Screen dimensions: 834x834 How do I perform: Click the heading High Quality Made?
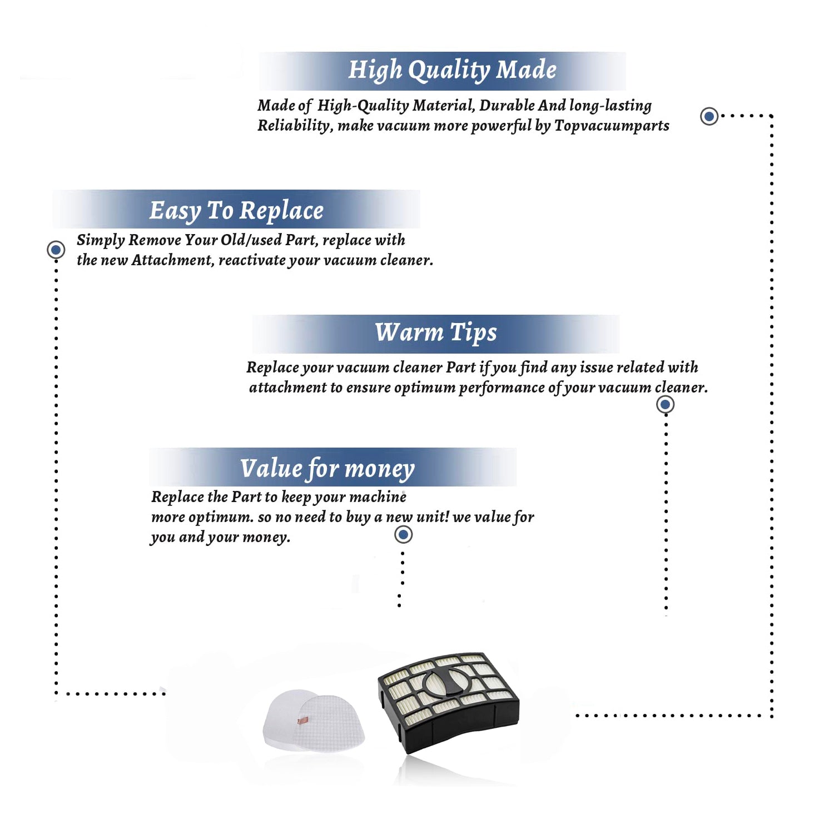point(452,71)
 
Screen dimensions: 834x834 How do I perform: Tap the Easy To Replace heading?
point(236,211)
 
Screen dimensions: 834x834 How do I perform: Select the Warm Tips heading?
point(436,332)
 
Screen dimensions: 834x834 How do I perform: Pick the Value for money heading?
point(327,469)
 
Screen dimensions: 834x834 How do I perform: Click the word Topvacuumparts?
point(612,126)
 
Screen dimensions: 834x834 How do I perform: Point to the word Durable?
point(507,105)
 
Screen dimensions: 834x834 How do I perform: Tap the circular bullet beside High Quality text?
point(709,116)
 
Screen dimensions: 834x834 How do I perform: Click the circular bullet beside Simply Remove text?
point(56,250)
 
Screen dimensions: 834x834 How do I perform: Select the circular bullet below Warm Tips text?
point(666,404)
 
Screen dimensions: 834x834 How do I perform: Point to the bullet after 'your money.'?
point(403,535)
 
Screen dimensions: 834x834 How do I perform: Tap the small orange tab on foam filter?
point(302,721)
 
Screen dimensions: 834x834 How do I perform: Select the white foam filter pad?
point(314,721)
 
